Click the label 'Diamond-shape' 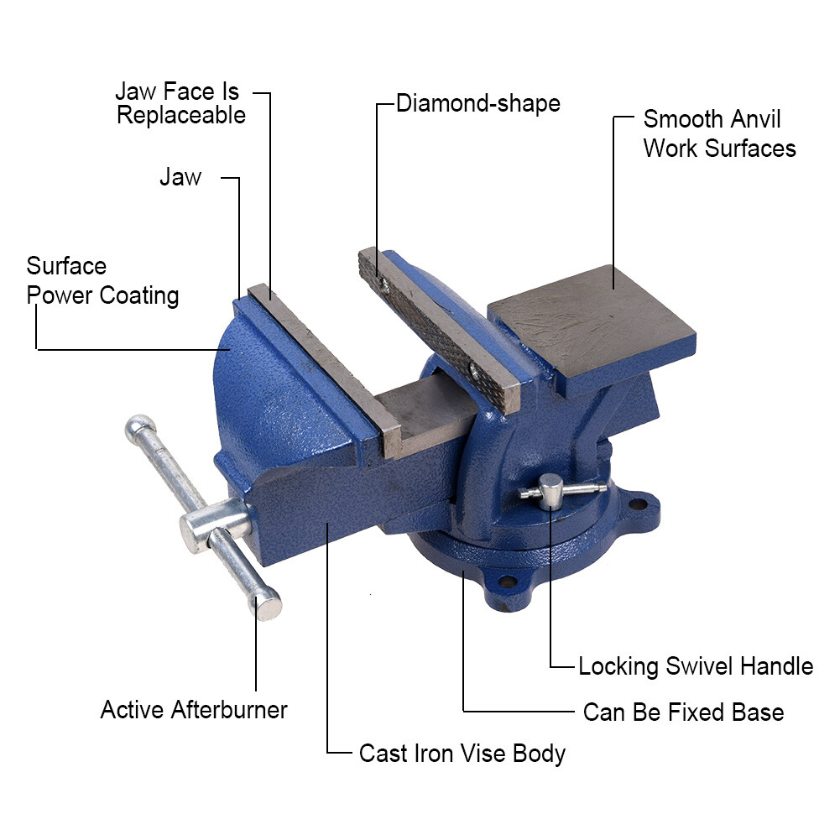coord(477,104)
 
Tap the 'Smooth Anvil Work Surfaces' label coord(719,133)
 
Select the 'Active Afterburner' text coord(194,710)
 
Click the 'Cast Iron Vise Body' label coord(462,753)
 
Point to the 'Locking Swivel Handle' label coord(696,666)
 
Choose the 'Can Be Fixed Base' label coord(683,712)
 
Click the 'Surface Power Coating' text coord(102,281)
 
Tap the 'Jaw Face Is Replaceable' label coord(180,103)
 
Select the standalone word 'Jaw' coord(180,177)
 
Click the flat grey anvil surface coord(592,320)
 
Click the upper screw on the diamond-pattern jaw coord(383,282)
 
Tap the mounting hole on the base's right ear coord(638,504)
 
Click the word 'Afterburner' coord(228,710)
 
